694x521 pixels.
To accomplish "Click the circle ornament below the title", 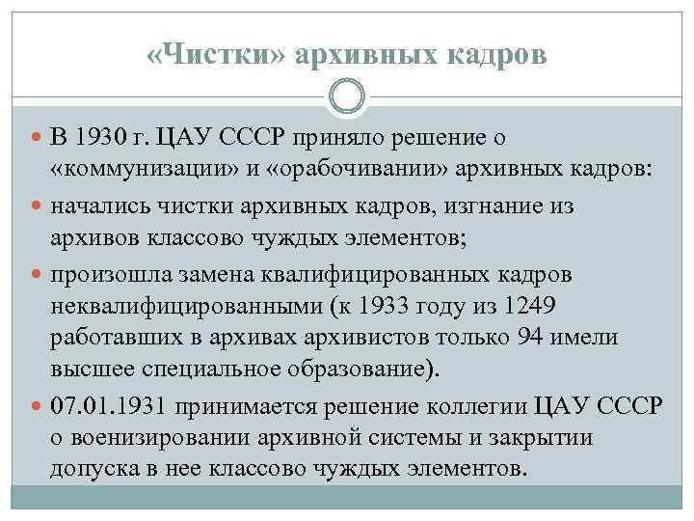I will [347, 96].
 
